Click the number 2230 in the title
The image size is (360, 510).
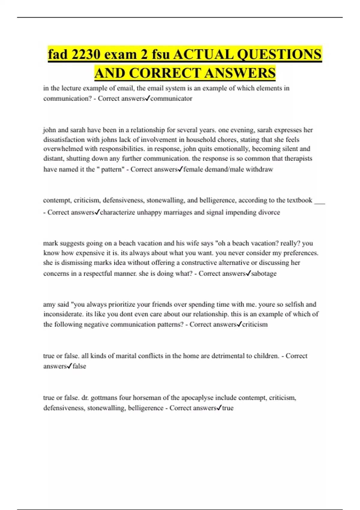click(85, 55)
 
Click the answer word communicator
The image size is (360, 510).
click(171, 98)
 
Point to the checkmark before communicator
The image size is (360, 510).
click(147, 98)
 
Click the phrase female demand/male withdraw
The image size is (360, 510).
click(228, 169)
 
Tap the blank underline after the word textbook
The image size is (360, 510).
click(320, 202)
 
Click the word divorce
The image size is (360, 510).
click(270, 212)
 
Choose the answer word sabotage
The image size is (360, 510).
click(264, 274)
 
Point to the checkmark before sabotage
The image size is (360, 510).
click(248, 273)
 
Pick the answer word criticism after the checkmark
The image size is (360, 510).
click(255, 325)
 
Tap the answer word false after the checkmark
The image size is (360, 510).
click(79, 366)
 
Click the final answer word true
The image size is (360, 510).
click(228, 408)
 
